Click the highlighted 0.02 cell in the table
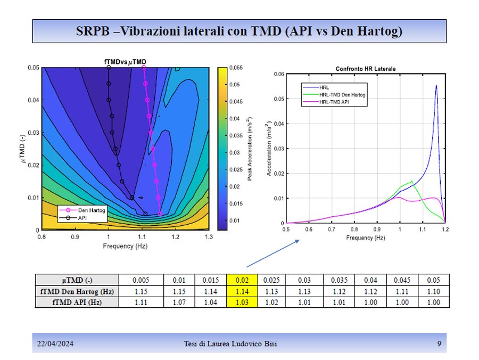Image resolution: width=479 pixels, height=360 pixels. pyautogui.click(x=242, y=280)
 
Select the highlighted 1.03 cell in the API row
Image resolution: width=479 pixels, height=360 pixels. pyautogui.click(x=242, y=302)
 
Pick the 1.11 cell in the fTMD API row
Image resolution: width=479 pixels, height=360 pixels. pyautogui.click(x=141, y=302)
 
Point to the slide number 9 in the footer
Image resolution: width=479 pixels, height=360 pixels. pyautogui.click(x=439, y=343)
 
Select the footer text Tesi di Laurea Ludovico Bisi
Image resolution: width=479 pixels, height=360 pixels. pyautogui.click(x=227, y=343)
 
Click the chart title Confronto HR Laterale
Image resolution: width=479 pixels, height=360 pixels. pyautogui.click(x=365, y=69)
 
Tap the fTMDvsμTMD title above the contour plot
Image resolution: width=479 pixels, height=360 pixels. pyautogui.click(x=125, y=62)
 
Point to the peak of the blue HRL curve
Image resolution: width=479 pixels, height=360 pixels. pyautogui.click(x=436, y=85)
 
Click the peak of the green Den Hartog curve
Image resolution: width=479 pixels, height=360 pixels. pyautogui.click(x=412, y=181)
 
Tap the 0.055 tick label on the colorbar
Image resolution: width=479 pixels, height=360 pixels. pyautogui.click(x=237, y=68)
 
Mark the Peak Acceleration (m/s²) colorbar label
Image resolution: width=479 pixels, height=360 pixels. pyautogui.click(x=250, y=149)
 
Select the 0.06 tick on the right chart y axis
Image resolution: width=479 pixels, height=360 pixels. pyautogui.click(x=277, y=74)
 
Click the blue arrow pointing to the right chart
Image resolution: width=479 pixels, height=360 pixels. pyautogui.click(x=271, y=253)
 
